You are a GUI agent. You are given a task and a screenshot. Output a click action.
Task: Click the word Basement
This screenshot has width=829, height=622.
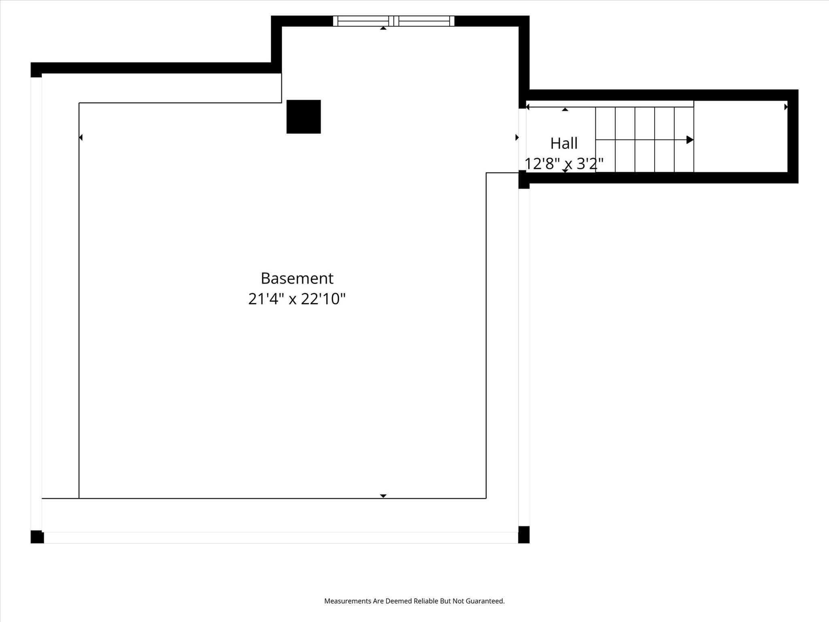click(297, 278)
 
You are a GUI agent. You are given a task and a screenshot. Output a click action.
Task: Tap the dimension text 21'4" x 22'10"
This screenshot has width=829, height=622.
click(297, 299)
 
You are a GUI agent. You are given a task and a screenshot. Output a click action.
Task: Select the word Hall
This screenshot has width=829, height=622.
click(564, 143)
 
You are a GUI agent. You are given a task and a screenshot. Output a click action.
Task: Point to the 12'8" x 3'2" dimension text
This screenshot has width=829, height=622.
click(564, 164)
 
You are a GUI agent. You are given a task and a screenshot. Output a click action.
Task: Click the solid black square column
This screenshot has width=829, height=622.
click(304, 117)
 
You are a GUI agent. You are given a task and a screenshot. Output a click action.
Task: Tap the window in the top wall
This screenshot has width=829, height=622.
click(393, 21)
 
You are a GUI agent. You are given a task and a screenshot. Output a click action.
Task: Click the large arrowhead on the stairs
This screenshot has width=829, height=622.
click(690, 140)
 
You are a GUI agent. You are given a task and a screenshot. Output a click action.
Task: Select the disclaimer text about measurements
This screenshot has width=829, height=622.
click(414, 601)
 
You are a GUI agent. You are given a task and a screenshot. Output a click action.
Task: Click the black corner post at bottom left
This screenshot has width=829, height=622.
click(37, 537)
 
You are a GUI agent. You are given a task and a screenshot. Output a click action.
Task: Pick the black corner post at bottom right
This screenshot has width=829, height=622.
click(524, 535)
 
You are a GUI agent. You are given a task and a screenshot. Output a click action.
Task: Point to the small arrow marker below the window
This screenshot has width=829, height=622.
click(383, 28)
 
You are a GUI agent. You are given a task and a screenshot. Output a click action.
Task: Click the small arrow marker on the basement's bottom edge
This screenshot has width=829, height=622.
click(383, 496)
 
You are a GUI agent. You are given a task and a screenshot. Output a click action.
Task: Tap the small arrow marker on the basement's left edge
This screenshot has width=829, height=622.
click(81, 137)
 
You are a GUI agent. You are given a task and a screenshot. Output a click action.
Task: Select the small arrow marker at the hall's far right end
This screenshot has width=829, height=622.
click(786, 107)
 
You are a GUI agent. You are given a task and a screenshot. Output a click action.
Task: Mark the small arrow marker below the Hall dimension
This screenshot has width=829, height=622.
click(565, 171)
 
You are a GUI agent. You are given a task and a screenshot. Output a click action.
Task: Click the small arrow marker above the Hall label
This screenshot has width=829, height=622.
click(565, 109)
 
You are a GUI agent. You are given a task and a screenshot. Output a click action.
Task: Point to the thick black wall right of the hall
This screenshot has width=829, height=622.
click(793, 136)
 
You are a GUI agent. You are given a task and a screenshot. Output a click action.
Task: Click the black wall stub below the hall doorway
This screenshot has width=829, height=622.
click(524, 179)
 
